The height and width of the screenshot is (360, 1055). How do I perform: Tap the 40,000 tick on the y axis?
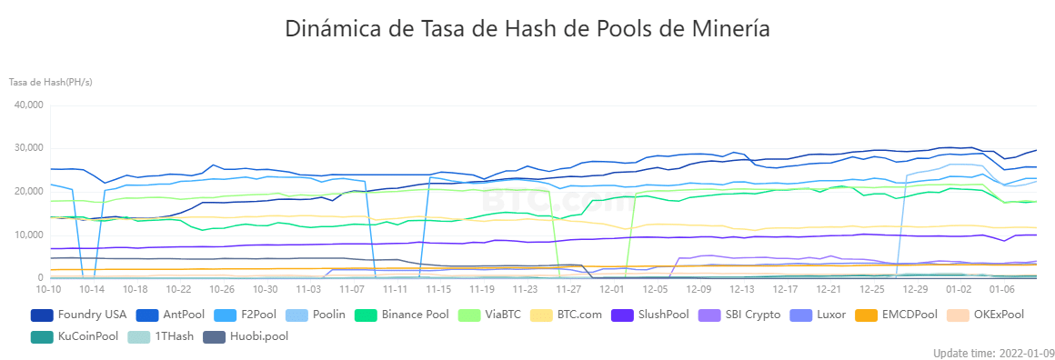(28, 105)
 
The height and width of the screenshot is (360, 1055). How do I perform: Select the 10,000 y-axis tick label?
(28, 235)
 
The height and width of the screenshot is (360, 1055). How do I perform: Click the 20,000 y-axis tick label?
(28, 192)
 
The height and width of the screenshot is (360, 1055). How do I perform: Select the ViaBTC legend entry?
(489, 315)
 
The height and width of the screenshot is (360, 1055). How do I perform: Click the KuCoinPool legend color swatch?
(42, 335)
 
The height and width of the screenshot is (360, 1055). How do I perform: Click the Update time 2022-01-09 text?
(994, 354)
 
